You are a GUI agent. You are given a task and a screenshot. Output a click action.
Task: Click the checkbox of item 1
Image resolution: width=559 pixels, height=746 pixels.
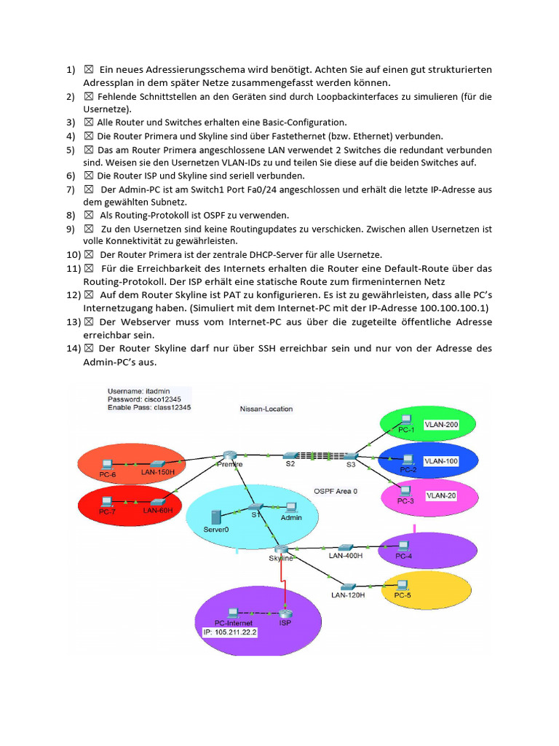[x=89, y=69]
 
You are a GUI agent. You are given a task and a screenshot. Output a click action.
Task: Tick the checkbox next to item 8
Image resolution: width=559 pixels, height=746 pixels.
[x=89, y=215]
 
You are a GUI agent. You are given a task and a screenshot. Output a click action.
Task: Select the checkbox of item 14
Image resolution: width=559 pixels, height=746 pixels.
[x=89, y=348]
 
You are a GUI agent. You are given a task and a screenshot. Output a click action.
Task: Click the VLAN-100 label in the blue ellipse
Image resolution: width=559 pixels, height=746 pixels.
[x=441, y=460]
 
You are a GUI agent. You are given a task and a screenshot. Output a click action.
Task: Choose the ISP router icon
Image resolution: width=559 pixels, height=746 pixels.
[x=285, y=613]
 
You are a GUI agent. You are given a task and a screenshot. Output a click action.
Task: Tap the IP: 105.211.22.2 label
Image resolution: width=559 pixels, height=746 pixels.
[x=231, y=632]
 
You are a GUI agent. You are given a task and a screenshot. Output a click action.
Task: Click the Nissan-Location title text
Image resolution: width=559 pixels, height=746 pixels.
[x=266, y=409]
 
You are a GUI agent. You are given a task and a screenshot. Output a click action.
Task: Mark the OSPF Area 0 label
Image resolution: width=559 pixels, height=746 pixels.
[x=336, y=490]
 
